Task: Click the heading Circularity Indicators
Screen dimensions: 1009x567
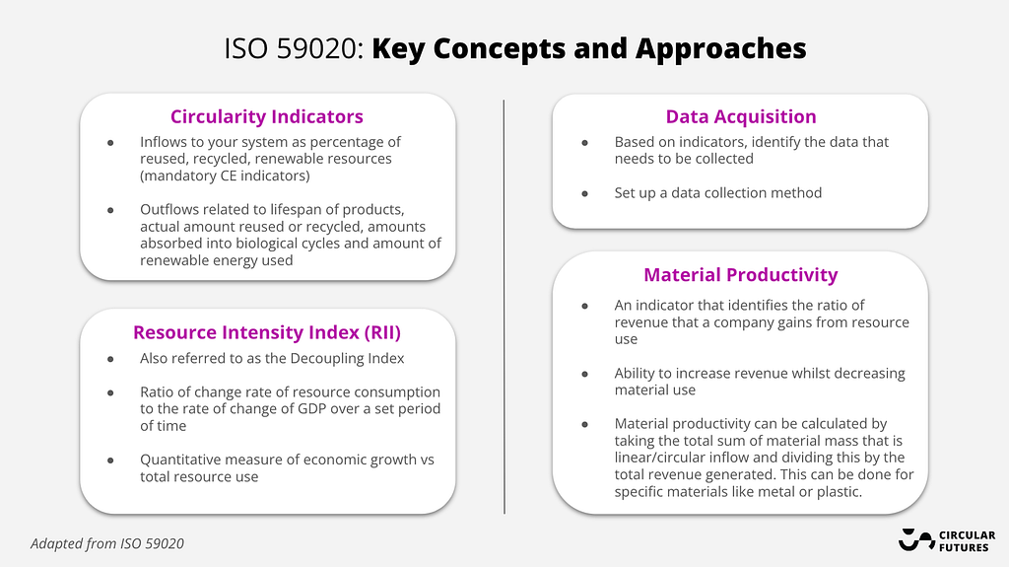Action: [x=266, y=116]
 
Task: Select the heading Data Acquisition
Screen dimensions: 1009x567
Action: [x=741, y=116]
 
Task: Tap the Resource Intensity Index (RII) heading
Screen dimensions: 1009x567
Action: [x=266, y=332]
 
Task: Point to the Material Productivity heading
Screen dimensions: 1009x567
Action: [x=741, y=275]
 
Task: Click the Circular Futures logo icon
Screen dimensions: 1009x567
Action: [x=915, y=540]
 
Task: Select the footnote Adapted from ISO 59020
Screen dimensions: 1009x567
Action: [x=106, y=543]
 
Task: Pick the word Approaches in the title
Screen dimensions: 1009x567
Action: [x=720, y=49]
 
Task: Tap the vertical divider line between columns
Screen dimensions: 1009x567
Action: [x=504, y=307]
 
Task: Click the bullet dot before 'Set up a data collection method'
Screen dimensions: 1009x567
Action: [x=585, y=193]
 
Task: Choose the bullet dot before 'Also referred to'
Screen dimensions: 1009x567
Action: [x=110, y=359]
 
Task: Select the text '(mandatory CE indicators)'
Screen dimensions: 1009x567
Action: [x=225, y=176]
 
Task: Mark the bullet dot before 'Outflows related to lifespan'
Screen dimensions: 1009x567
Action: [x=110, y=210]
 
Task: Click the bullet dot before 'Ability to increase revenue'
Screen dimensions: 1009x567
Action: [x=585, y=374]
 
